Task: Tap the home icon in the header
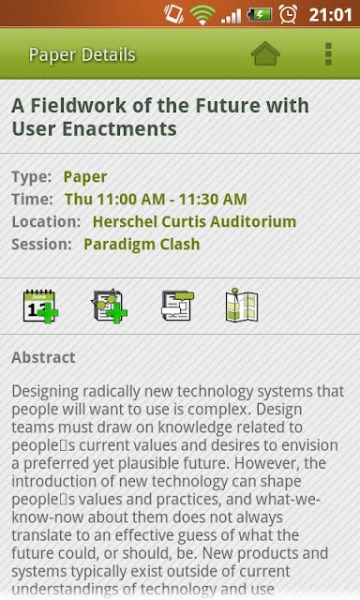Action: click(x=265, y=54)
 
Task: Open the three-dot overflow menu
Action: click(x=328, y=54)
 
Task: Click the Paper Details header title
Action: click(x=82, y=54)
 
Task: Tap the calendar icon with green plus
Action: click(x=40, y=307)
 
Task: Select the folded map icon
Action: click(x=242, y=305)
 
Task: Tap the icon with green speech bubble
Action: click(x=177, y=306)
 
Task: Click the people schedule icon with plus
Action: click(x=109, y=306)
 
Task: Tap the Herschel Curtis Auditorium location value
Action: click(x=194, y=221)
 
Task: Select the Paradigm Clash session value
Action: click(x=142, y=244)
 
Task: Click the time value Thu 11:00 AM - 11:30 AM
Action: click(x=156, y=199)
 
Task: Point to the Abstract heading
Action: click(x=43, y=357)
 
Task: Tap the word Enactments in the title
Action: click(x=119, y=128)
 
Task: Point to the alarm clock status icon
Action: click(x=288, y=15)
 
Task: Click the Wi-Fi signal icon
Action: click(x=202, y=15)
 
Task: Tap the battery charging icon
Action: click(x=260, y=15)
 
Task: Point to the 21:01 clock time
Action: click(x=330, y=15)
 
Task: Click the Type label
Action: click(x=32, y=177)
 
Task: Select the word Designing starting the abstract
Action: click(x=45, y=392)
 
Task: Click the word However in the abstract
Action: click(x=267, y=463)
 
